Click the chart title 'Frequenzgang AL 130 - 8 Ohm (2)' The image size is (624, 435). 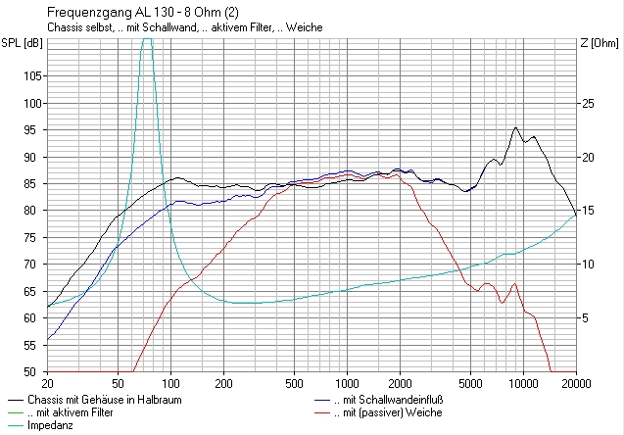pos(143,13)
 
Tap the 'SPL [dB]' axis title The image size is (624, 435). pos(22,43)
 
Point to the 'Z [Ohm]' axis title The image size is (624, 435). pos(600,43)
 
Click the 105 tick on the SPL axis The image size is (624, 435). pos(32,76)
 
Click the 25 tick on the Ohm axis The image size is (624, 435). pos(588,104)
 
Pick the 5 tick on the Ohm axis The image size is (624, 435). pos(585,318)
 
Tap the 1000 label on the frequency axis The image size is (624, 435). pos(348,384)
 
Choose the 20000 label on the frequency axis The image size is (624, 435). pos(576,384)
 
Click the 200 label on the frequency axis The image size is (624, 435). pos(223,384)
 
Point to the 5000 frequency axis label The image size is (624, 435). pos(470,384)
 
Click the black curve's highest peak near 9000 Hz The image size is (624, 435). pos(515,127)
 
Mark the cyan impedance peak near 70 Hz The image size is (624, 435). pos(147,38)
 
